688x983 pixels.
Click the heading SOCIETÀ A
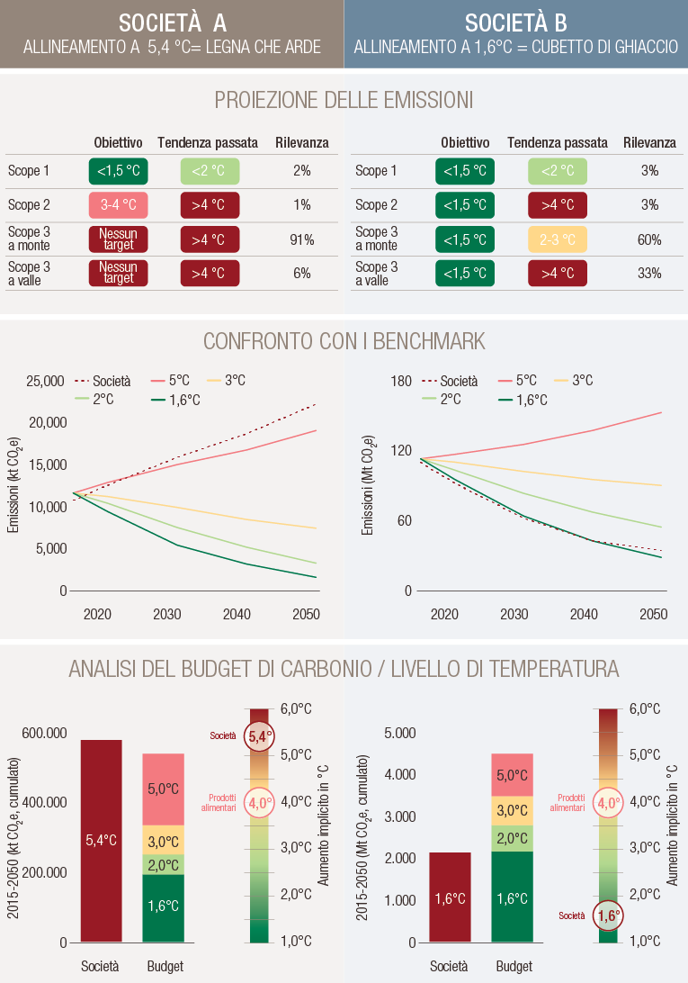pyautogui.click(x=172, y=23)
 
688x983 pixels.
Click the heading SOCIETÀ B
pyautogui.click(x=516, y=23)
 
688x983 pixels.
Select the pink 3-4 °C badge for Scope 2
pyautogui.click(x=118, y=205)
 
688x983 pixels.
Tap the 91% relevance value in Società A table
pyautogui.click(x=301, y=239)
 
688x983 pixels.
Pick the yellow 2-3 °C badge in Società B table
pyautogui.click(x=557, y=239)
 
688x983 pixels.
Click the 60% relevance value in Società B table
pyautogui.click(x=649, y=239)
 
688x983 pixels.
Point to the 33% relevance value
pyautogui.click(x=649, y=273)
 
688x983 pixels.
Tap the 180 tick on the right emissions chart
pyautogui.click(x=401, y=381)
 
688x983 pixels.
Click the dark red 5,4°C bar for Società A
pyautogui.click(x=101, y=840)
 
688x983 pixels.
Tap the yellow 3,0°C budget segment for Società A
pyautogui.click(x=163, y=842)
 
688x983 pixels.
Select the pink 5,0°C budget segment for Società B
pyautogui.click(x=512, y=774)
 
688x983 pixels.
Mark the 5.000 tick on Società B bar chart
pyautogui.click(x=399, y=733)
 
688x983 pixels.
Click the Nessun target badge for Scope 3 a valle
pyautogui.click(x=118, y=273)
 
